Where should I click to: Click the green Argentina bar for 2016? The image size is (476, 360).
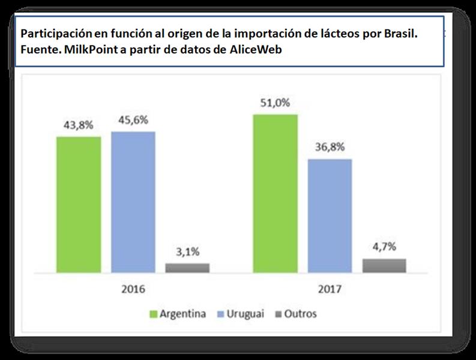[x=79, y=205]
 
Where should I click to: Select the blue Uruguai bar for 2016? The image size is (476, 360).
[x=133, y=202]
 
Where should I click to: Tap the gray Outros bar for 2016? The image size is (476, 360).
[x=187, y=268]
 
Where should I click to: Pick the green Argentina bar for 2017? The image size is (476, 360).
[x=276, y=193]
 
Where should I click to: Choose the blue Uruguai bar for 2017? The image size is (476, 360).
[x=330, y=215]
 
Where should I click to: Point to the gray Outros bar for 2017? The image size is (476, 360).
[x=384, y=265]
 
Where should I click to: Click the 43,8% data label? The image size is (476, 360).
[x=79, y=125]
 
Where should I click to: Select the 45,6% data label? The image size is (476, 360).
[x=133, y=120]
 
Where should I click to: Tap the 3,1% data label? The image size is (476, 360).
[x=187, y=252]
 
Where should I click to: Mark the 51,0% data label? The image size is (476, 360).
[x=276, y=103]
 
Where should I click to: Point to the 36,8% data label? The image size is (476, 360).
[x=330, y=148]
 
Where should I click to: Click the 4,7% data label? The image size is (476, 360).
[x=384, y=247]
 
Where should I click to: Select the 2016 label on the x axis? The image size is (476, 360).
[x=133, y=289]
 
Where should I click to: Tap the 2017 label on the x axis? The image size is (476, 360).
[x=330, y=289]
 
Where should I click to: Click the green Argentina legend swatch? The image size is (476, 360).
[x=152, y=314]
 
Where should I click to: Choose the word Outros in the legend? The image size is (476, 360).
[x=301, y=314]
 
